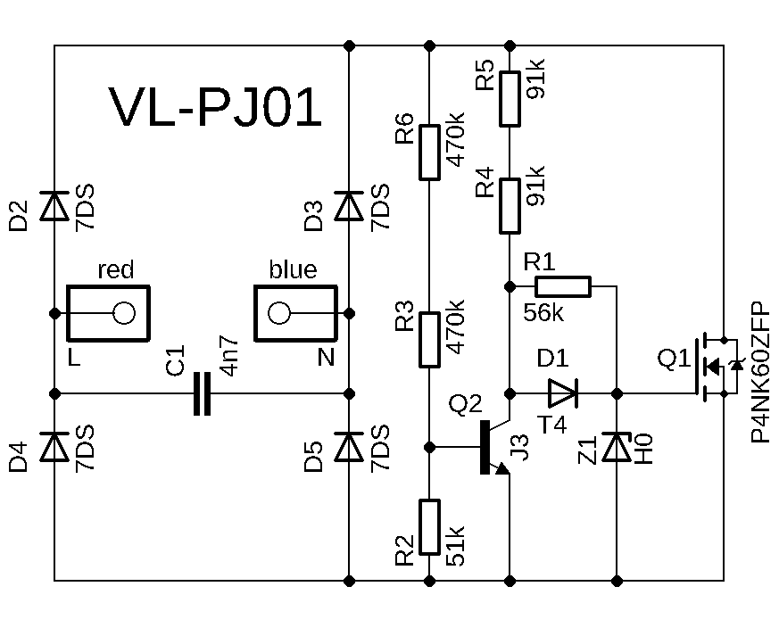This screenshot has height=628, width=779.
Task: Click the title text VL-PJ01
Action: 215,109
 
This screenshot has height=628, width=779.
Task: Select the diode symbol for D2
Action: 55,206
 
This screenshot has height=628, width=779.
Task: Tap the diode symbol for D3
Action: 349,206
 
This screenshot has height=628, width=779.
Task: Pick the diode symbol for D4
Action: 55,446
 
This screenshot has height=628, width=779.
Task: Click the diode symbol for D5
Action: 349,446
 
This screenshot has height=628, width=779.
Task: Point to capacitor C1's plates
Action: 202,393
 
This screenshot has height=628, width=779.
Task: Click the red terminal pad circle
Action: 123,313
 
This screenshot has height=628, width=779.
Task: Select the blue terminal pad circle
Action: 279,313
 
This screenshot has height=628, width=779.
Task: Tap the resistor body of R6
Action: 429,152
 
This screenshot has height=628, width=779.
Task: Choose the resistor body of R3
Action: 429,339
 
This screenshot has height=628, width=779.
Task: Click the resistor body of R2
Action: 429,527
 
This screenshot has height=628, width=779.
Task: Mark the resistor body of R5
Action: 510,98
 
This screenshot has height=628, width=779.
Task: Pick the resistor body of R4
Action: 510,206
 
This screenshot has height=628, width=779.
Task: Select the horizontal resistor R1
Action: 562,286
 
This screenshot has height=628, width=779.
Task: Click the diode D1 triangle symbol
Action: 563,392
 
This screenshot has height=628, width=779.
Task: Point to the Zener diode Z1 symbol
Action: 617,447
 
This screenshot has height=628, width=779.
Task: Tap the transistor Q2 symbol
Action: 491,446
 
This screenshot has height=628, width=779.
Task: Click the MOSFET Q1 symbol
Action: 714,366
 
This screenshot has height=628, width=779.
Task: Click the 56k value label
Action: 543,313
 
